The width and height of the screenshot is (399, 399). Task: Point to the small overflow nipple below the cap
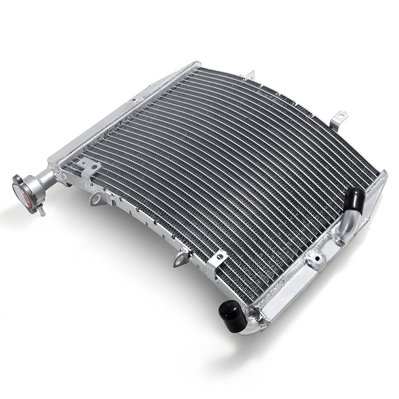41,211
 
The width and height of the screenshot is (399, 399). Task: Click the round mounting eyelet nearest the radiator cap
96,200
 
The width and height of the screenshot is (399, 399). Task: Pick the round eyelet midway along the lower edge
180,259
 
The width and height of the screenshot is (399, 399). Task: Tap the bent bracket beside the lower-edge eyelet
218,261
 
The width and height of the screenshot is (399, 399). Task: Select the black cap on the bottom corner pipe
232,317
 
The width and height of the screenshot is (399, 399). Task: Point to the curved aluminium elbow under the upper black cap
346,226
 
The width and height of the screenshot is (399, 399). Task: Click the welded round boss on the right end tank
318,259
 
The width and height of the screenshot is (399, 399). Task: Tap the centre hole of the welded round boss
318,259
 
